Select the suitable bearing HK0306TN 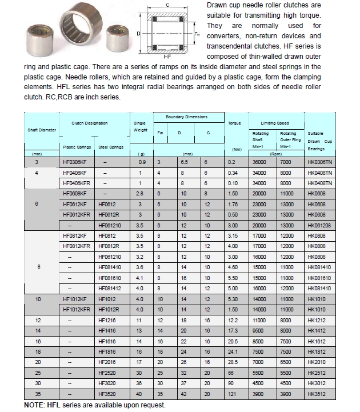[x=319, y=162]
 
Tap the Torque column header [x=234, y=123]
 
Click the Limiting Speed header [x=275, y=123]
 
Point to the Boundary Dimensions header [x=187, y=117]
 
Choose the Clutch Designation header [x=89, y=123]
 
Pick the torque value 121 [x=233, y=394]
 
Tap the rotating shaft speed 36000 [x=260, y=162]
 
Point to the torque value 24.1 [x=233, y=352]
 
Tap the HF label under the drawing [x=167, y=57]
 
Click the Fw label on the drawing [x=197, y=35]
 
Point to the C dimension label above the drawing [x=166, y=5]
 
